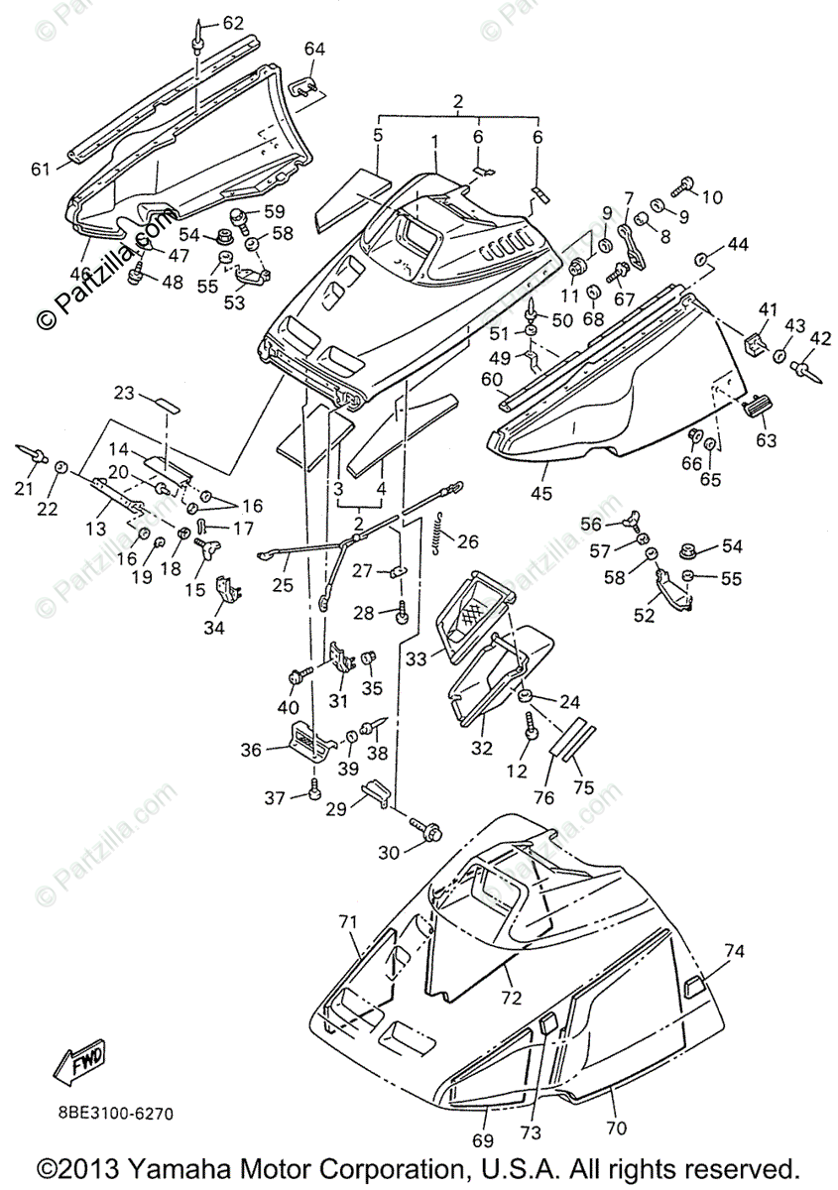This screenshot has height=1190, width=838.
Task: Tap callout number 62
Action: (x=233, y=22)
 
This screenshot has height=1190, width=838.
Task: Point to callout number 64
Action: (x=314, y=49)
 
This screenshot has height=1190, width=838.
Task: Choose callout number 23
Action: (x=124, y=393)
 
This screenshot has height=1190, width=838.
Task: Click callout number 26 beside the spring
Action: (x=467, y=541)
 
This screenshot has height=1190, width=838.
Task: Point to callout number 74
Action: (x=734, y=950)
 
